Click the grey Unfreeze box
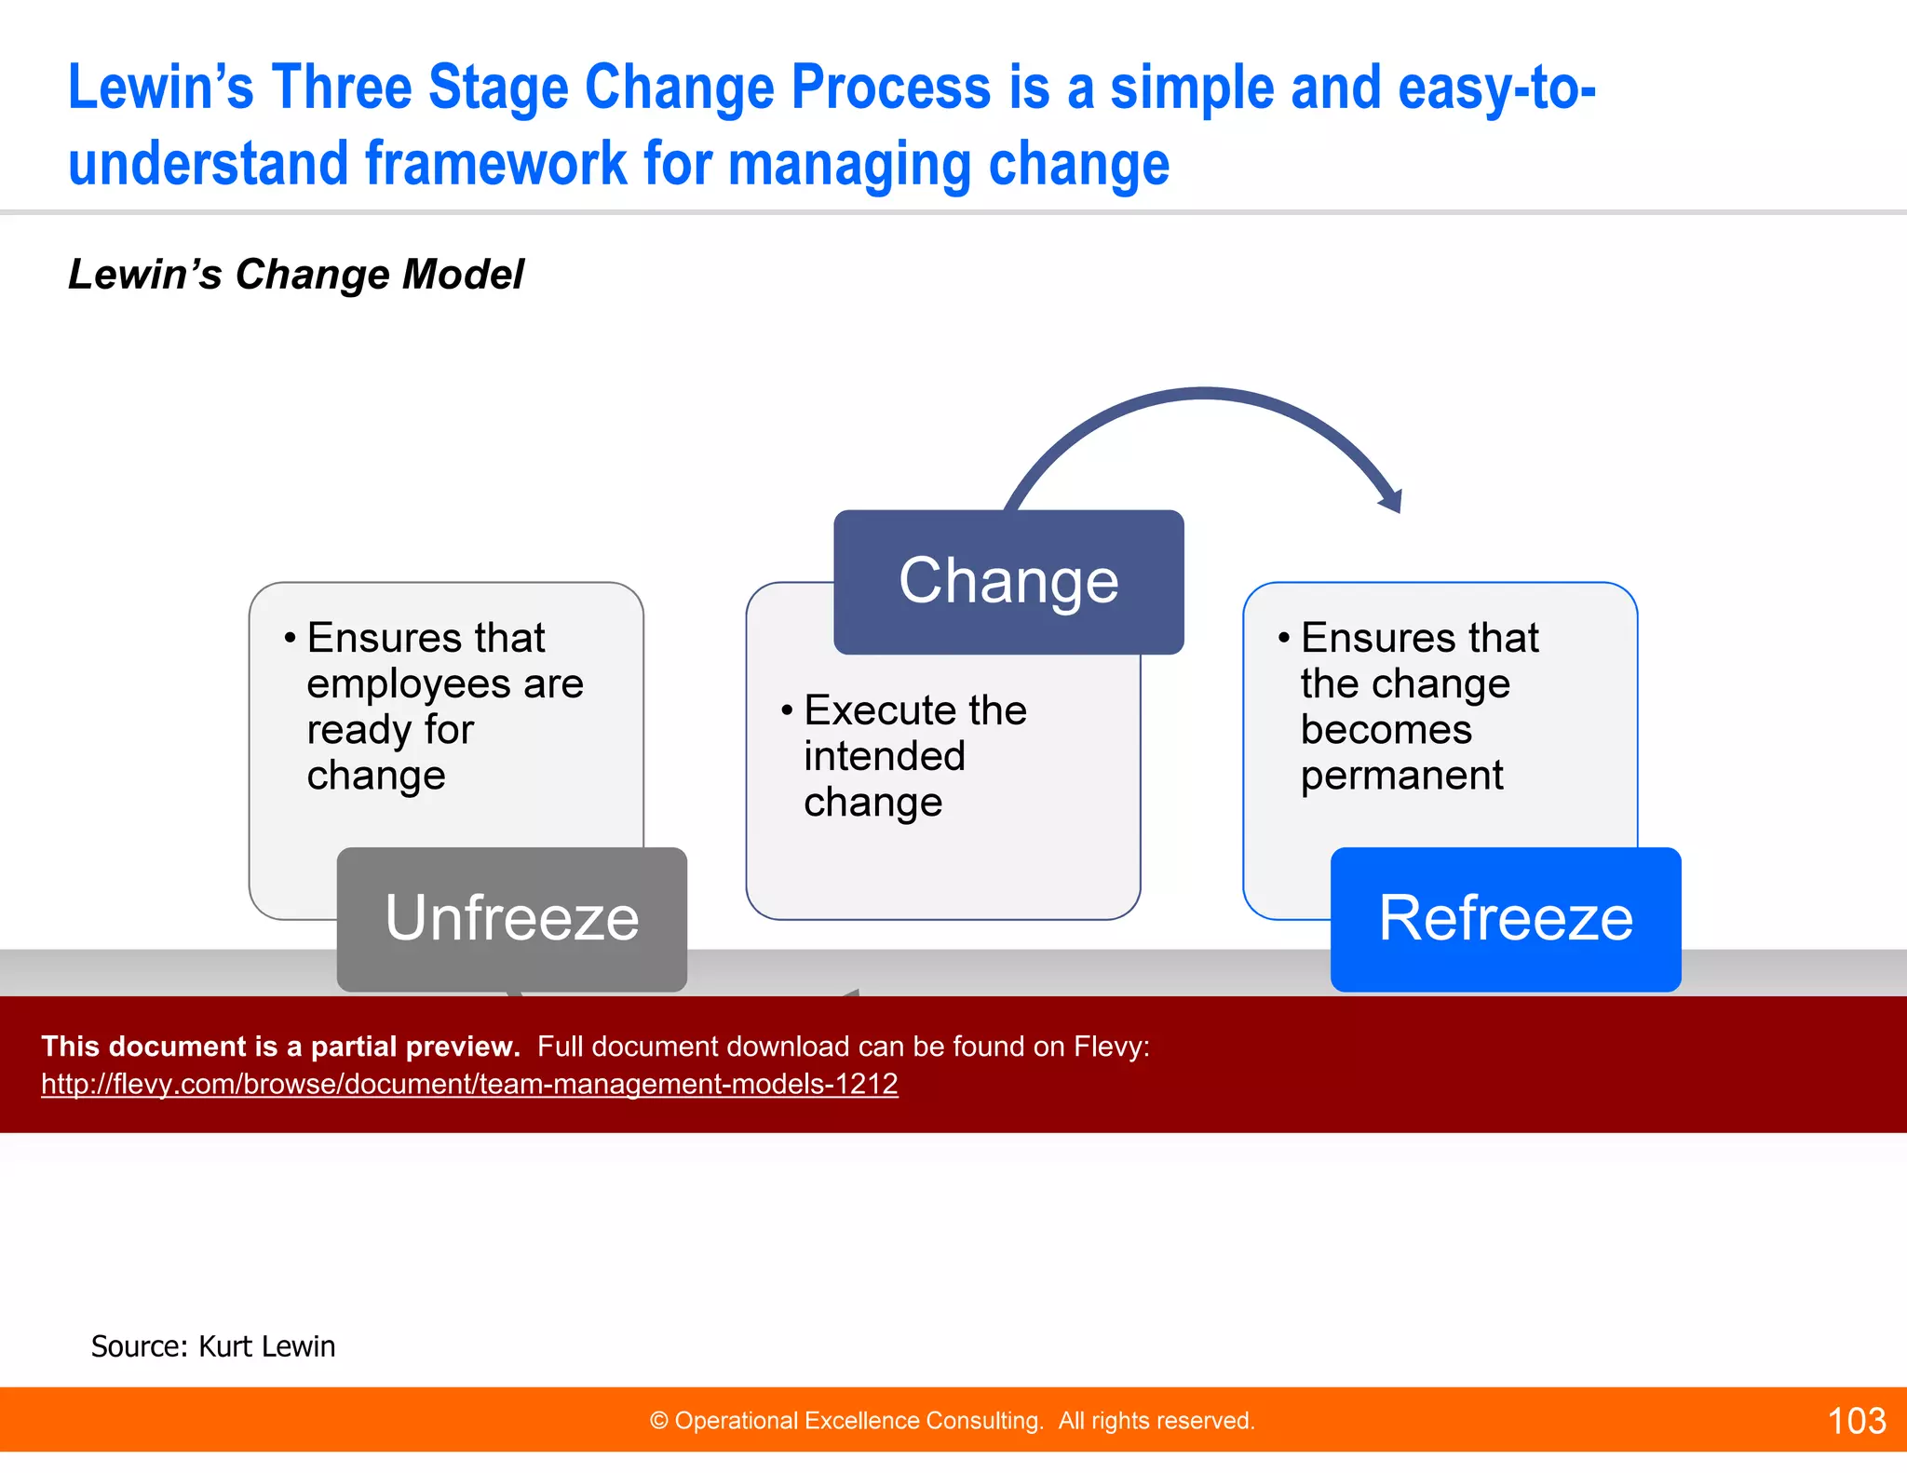pos(511,918)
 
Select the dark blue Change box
pos(1008,582)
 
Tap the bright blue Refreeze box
pos(1505,918)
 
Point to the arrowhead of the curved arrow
pos(1391,502)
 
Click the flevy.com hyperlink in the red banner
pos(469,1084)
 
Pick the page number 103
pos(1856,1421)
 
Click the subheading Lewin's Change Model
pos(296,275)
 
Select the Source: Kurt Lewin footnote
pos(212,1346)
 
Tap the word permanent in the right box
pos(1401,775)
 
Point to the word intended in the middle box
pos(885,756)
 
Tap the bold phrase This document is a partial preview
pos(280,1047)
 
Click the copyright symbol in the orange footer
pos(659,1421)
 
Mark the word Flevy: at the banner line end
pos(1111,1047)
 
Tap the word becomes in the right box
pos(1386,729)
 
